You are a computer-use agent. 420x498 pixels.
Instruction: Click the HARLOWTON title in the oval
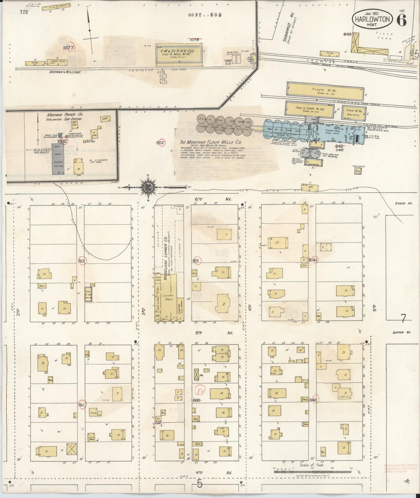[372, 19]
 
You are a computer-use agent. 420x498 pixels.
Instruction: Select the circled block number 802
[160, 143]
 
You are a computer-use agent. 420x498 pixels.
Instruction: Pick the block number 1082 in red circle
[62, 141]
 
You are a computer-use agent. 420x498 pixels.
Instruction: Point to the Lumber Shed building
[169, 297]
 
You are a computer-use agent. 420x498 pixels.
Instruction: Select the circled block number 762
[81, 261]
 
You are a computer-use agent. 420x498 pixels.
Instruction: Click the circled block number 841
[314, 259]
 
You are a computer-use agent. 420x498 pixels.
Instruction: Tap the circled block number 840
[313, 400]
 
